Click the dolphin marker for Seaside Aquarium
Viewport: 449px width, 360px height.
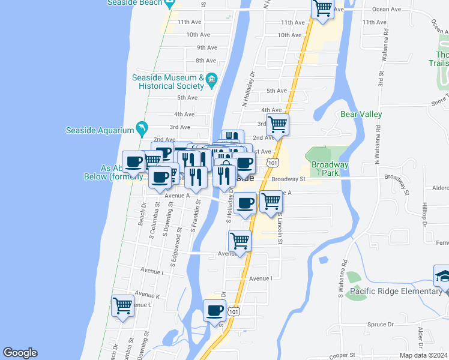[x=141, y=128]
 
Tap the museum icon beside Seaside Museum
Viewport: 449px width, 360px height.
[x=211, y=79]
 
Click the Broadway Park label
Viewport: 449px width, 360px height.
[x=330, y=169]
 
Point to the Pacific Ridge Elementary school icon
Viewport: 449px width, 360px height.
[x=443, y=277]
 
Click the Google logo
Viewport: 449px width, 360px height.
[x=20, y=353]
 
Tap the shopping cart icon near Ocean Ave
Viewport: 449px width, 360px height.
[x=322, y=8]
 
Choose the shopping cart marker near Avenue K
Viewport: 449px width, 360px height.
[x=123, y=305]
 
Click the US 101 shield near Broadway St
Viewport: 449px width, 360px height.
[x=273, y=163]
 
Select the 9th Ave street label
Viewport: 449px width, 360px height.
[x=206, y=47]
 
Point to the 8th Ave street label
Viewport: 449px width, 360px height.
[x=205, y=61]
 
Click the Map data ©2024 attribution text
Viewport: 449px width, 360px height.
[x=423, y=355]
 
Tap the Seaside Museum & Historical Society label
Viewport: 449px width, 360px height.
[x=168, y=82]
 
